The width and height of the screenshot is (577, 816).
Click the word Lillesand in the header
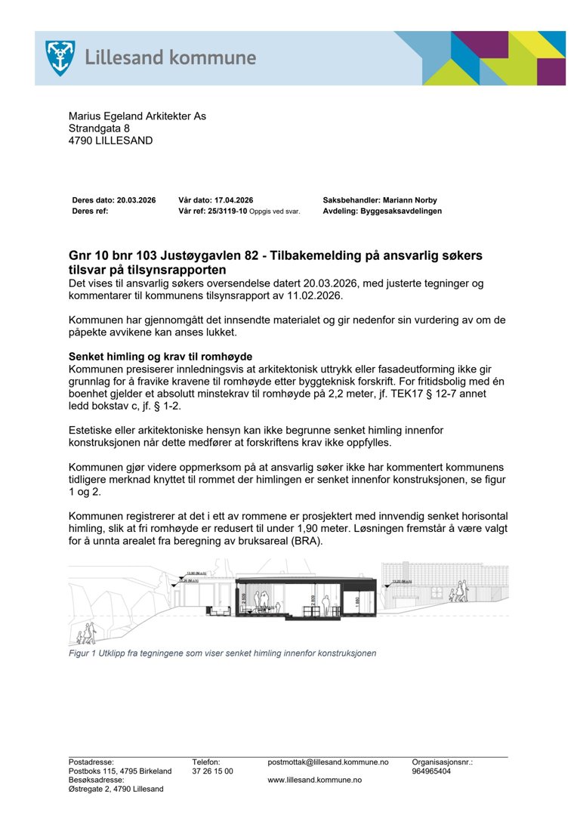[x=121, y=57]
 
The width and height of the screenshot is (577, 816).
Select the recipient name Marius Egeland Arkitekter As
[x=137, y=116]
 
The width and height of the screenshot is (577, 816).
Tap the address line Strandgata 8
[x=99, y=128]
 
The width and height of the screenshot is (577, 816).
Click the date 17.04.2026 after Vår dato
[x=231, y=200]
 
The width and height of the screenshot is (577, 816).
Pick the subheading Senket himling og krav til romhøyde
[x=160, y=357]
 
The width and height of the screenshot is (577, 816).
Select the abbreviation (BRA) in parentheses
[x=304, y=541]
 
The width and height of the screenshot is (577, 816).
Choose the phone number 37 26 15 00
[x=212, y=771]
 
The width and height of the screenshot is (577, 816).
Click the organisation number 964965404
[x=431, y=771]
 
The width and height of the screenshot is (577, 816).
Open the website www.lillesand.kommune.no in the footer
[x=314, y=780]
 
